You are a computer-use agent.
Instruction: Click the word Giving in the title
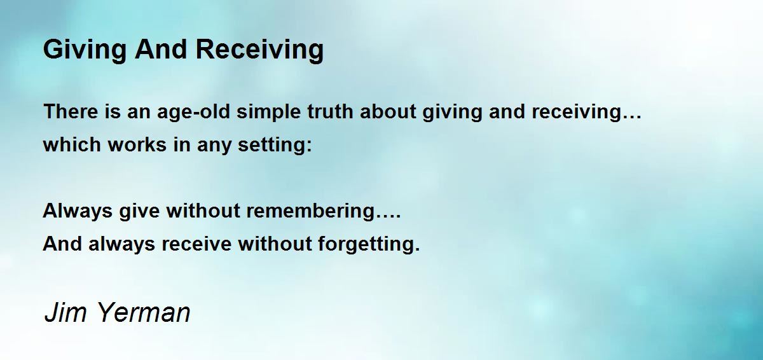(x=85, y=50)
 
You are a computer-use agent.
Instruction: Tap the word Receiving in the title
(x=259, y=50)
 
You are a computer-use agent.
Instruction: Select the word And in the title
(x=161, y=49)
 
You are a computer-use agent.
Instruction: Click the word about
(x=388, y=111)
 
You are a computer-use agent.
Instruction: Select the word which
(x=72, y=144)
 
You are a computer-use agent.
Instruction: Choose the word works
(x=137, y=144)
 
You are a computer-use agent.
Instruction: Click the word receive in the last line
(x=196, y=244)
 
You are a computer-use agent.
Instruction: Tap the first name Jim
(x=65, y=312)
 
